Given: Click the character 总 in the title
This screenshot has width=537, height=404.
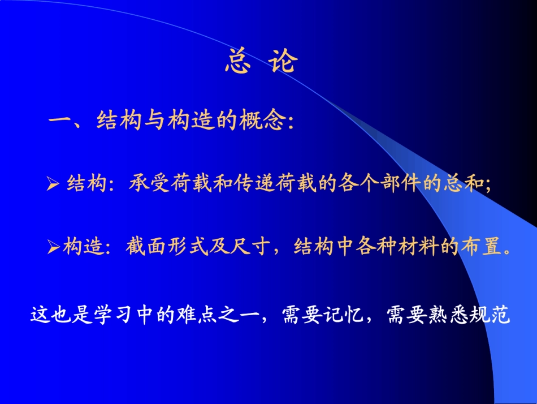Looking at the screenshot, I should point(238,62).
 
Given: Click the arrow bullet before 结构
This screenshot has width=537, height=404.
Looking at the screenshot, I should point(53,184).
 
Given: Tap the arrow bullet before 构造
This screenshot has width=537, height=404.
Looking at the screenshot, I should point(53,247).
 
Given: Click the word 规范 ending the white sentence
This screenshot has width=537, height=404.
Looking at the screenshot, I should point(494,315).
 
